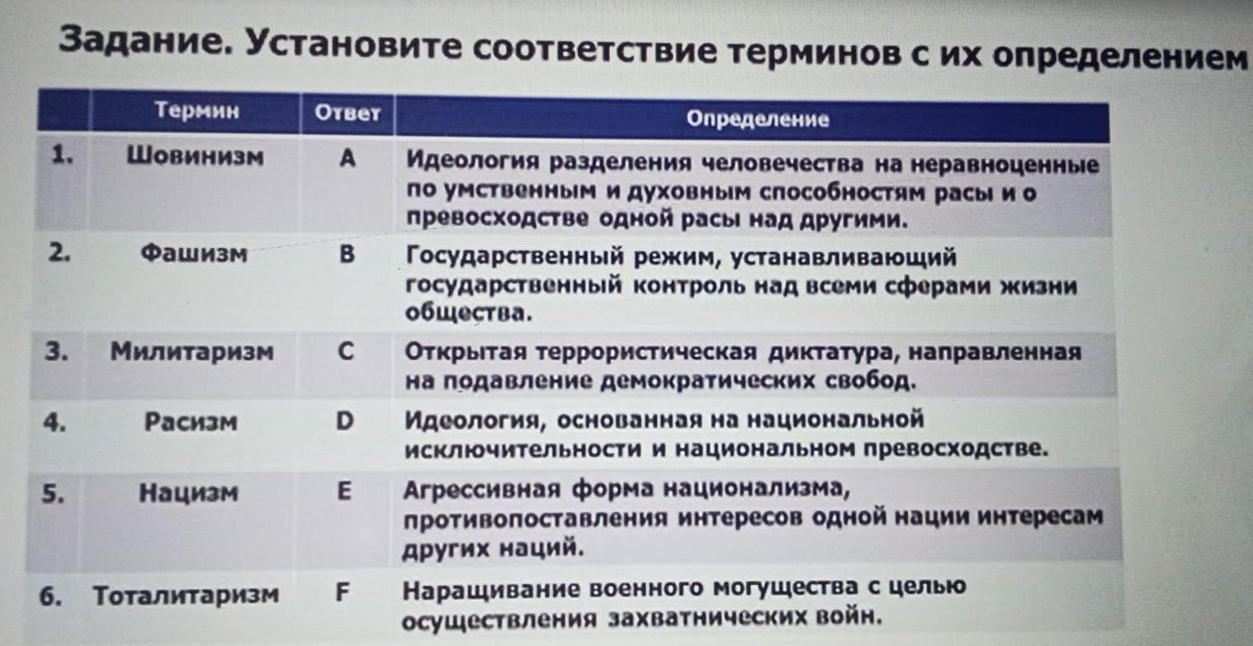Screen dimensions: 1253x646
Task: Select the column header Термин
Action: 197,110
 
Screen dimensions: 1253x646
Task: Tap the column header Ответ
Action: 348,113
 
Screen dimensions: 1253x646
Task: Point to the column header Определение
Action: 758,119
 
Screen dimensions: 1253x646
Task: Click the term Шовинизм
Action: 196,156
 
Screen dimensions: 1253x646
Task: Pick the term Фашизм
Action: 193,254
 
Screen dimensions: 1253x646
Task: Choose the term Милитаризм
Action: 191,352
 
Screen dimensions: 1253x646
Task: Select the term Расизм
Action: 191,422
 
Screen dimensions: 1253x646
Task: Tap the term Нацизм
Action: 188,493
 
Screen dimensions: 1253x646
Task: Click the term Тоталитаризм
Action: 186,595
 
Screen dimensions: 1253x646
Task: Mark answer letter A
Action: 348,159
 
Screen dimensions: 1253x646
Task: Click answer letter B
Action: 347,254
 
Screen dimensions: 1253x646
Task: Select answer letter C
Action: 346,352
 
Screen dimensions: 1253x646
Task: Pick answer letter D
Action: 344,421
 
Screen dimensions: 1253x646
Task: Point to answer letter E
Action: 344,492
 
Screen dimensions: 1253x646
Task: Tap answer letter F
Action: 343,591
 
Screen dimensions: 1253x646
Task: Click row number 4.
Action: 54,423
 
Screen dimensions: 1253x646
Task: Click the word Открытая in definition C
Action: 466,353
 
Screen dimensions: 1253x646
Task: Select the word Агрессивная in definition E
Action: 481,490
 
